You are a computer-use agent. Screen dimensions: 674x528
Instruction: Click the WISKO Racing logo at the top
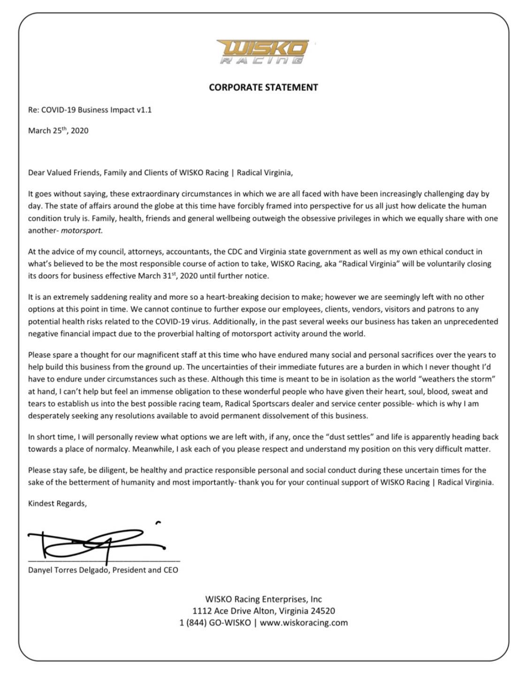[x=263, y=51]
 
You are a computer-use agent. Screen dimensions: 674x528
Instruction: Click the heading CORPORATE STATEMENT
[x=263, y=87]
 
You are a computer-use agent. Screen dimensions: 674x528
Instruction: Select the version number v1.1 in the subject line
[x=144, y=110]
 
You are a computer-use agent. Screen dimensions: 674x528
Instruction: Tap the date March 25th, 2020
[x=58, y=131]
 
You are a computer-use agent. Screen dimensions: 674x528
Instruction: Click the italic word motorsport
[x=82, y=230]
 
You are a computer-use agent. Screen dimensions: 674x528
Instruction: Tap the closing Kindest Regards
[x=57, y=504]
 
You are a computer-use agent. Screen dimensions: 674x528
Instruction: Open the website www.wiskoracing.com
[x=304, y=623]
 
